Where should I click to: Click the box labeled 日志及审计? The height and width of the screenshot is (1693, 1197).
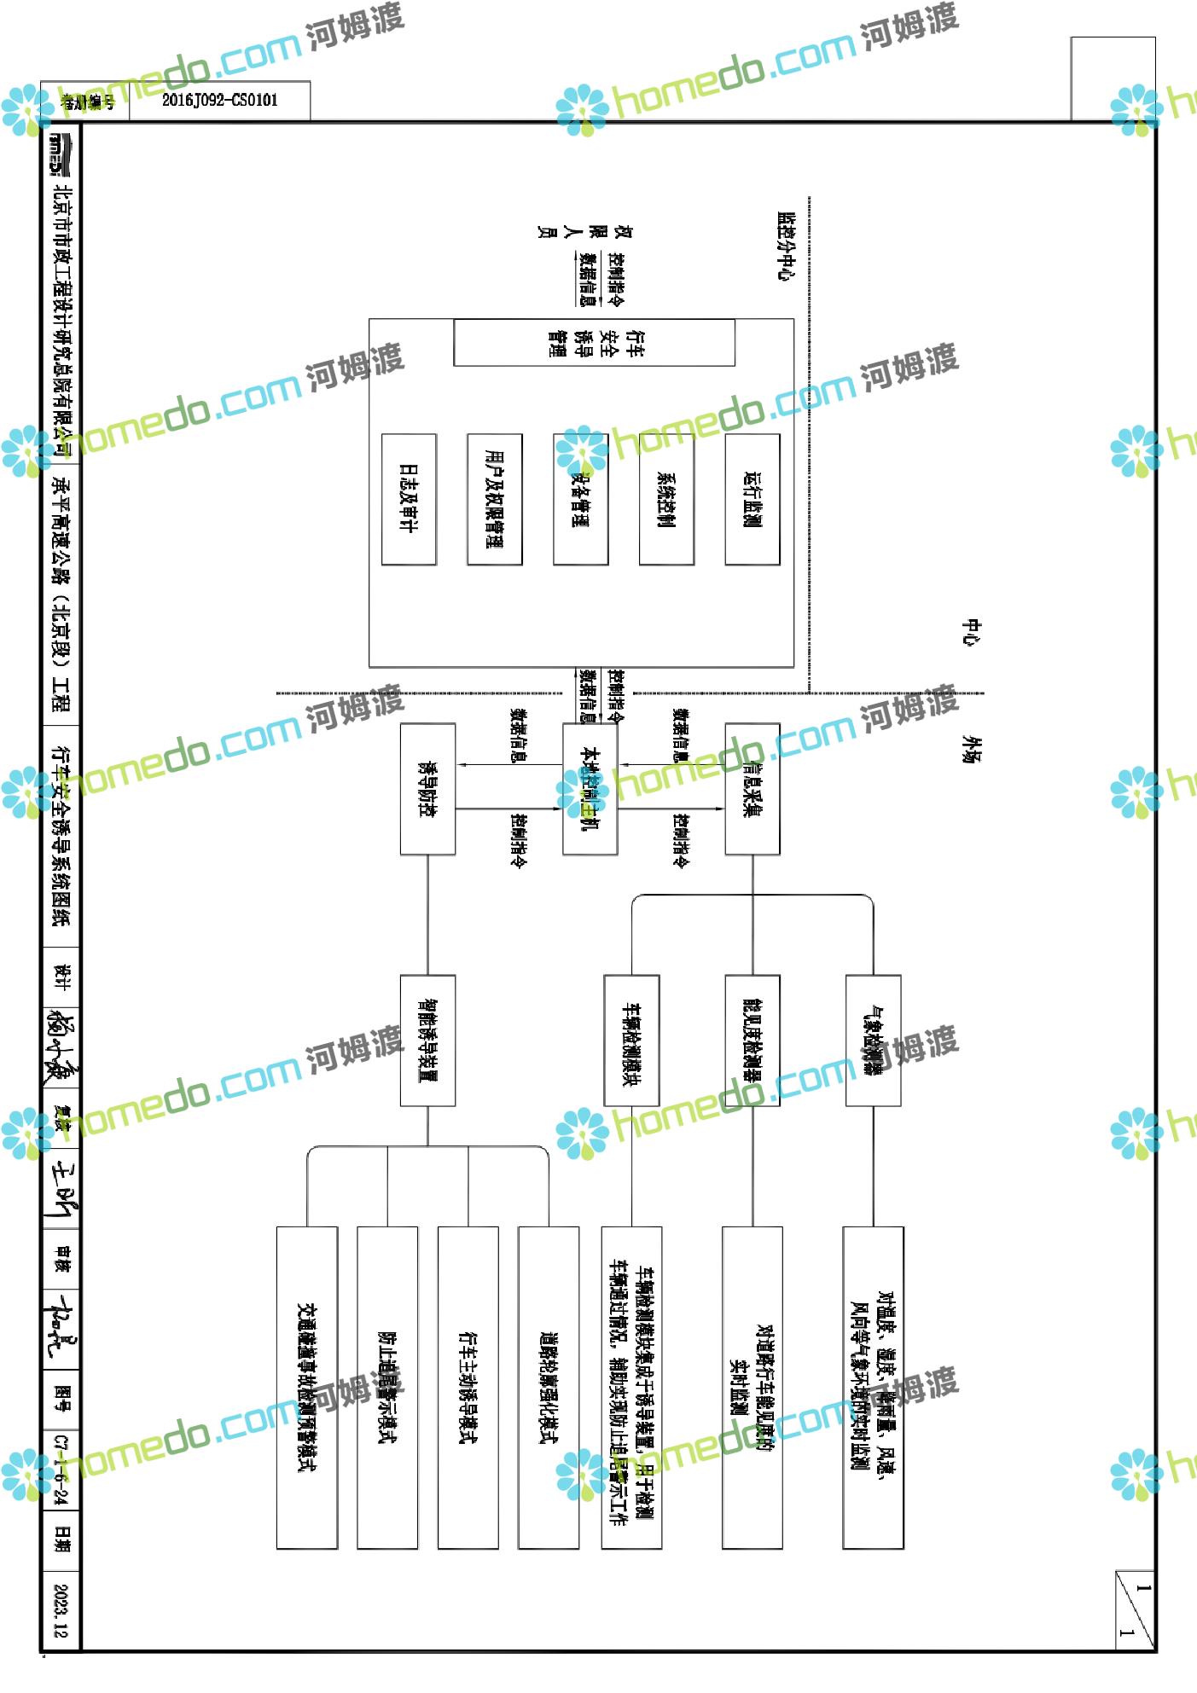click(x=409, y=499)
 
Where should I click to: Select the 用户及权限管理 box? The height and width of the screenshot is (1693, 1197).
click(x=495, y=499)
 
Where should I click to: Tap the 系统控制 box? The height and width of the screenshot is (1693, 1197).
click(x=666, y=499)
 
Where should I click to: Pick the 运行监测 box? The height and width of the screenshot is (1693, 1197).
click(x=752, y=499)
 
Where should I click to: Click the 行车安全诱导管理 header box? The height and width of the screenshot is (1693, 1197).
click(x=594, y=342)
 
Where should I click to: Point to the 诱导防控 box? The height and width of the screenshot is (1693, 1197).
click(x=427, y=789)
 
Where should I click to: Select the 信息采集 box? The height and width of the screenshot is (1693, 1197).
click(x=752, y=789)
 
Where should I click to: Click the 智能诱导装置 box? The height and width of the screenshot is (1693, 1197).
click(x=427, y=1041)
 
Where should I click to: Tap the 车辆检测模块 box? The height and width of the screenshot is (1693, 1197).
click(x=631, y=1041)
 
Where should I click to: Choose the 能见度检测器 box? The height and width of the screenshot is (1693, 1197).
click(x=752, y=1041)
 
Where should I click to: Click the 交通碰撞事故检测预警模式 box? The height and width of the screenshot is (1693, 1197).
click(x=307, y=1388)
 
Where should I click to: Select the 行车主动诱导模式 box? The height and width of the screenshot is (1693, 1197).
click(x=468, y=1388)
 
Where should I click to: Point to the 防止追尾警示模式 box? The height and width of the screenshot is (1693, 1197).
click(x=387, y=1388)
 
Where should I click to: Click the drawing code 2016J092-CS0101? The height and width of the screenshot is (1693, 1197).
click(x=220, y=101)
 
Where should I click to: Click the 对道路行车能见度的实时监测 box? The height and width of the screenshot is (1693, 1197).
click(x=752, y=1388)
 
